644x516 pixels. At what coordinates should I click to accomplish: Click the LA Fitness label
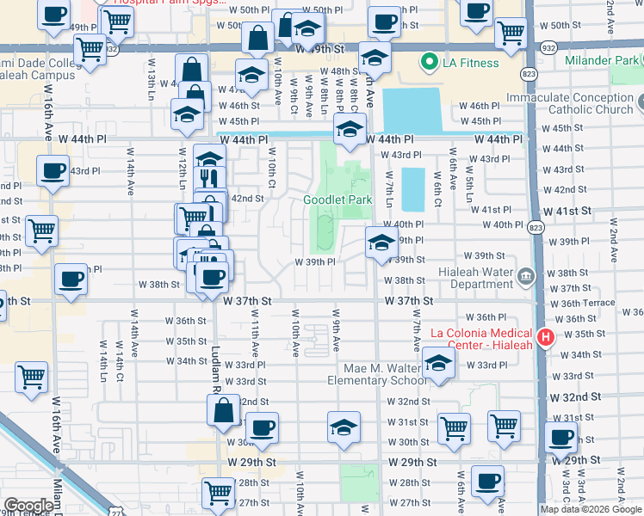click(471, 63)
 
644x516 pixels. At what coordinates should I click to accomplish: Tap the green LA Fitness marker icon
click(428, 62)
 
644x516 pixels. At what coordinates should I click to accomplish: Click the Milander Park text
click(602, 61)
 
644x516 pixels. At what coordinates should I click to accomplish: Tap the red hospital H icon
click(543, 338)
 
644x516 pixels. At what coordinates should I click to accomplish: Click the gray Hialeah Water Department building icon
click(526, 276)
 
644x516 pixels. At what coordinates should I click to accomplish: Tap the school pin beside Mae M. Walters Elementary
click(438, 365)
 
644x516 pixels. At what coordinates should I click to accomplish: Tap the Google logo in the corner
click(28, 506)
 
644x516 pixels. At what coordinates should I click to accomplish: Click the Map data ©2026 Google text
click(591, 509)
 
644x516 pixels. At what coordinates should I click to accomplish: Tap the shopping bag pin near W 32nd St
click(223, 412)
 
